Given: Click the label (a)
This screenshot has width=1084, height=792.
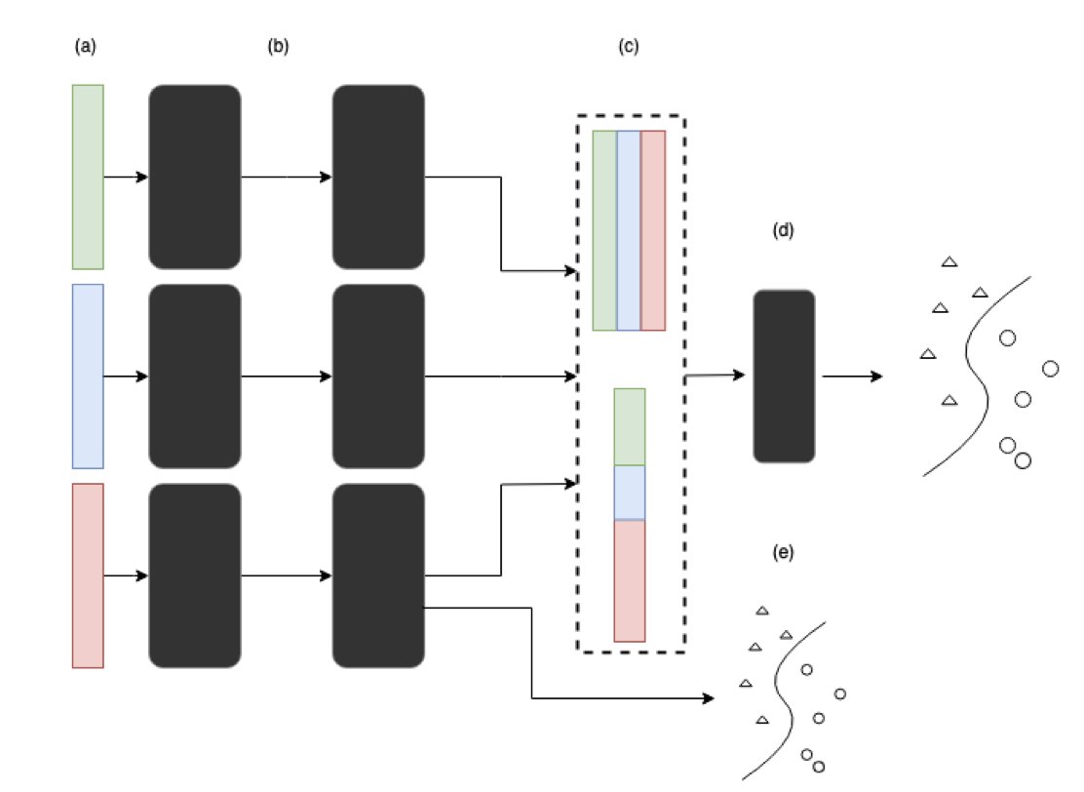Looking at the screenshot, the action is point(85,47).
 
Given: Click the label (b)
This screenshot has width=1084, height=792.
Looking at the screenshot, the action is point(278,47).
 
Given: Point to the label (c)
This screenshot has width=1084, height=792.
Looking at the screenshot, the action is point(629,47).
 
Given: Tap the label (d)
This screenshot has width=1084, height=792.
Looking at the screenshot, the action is point(783,230).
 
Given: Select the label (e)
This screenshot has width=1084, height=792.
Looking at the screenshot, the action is point(783,552).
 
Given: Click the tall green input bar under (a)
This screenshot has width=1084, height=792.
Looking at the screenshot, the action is point(88,178).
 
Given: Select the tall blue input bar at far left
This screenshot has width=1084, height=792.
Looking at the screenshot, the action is point(88,376).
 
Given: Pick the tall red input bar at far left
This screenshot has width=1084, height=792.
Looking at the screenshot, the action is point(88,575).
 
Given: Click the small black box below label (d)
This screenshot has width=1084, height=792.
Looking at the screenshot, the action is point(784,376).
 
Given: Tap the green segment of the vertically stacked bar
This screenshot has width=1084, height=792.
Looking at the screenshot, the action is point(630,427).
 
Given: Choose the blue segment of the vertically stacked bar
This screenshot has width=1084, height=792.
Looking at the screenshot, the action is point(630,493).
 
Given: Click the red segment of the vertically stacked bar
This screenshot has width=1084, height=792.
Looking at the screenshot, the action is point(630,581).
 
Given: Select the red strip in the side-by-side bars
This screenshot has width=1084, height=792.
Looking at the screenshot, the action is point(653,230).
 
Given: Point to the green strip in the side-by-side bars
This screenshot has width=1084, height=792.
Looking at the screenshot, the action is point(605,230).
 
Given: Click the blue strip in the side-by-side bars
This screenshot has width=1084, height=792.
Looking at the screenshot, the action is point(629,230).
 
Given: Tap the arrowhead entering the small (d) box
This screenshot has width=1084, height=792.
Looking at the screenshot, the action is point(740,375).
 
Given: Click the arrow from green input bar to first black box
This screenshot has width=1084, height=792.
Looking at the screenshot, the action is point(126,178).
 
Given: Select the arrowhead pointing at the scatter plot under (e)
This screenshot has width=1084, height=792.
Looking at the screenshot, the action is point(708,698).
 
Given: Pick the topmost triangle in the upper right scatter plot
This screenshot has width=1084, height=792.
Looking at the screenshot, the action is point(949,261).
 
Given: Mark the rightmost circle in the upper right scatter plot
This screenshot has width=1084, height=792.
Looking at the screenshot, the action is point(1050,369).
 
